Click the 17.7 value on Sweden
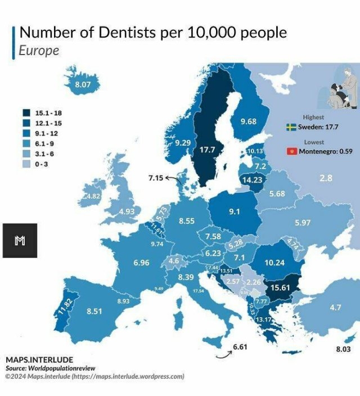tap(208, 150)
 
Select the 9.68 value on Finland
tap(248, 121)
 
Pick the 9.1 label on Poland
tap(235, 212)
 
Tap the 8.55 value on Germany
tap(187, 221)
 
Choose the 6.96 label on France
tap(141, 263)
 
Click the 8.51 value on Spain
tap(94, 310)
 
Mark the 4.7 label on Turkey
tap(335, 308)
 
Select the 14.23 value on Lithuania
tap(251, 180)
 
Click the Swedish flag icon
tap(291, 127)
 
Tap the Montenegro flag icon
tap(291, 152)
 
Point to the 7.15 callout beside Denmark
tap(155, 178)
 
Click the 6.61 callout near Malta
tap(240, 347)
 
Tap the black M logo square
tap(20, 241)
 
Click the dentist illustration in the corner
tap(341, 91)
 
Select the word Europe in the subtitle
tap(39, 50)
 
